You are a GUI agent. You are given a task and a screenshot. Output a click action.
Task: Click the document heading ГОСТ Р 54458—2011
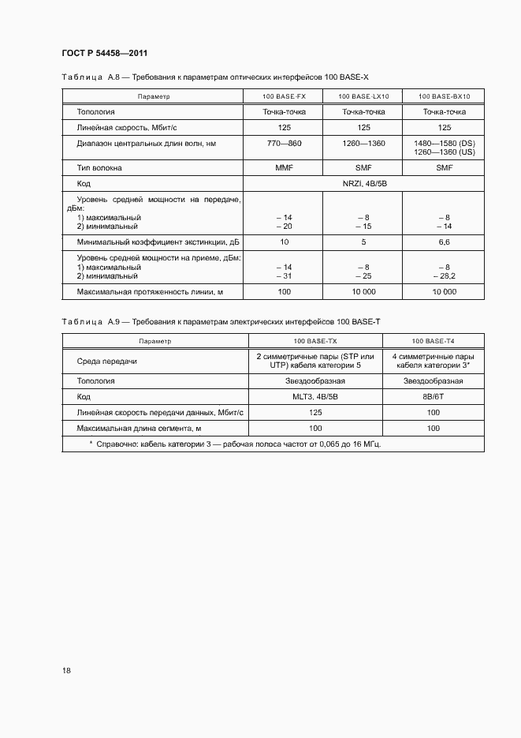(x=105, y=54)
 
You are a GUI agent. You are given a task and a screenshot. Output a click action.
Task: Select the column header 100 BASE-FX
(x=284, y=96)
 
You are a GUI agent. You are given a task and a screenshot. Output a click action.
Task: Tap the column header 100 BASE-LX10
(x=363, y=96)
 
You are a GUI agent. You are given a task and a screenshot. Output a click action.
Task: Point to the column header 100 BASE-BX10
(x=444, y=96)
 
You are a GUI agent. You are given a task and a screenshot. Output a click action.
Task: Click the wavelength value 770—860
(x=284, y=143)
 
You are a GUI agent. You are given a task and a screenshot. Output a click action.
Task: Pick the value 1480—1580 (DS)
(x=444, y=143)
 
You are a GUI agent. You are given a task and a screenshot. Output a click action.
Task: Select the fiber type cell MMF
(x=284, y=168)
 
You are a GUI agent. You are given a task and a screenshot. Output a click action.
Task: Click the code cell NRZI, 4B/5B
(x=363, y=183)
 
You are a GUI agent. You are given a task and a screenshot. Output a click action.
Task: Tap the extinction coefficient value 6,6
(x=444, y=242)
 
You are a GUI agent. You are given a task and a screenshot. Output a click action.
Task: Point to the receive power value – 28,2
(x=444, y=276)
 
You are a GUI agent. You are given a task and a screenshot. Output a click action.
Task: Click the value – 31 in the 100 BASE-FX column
(x=284, y=276)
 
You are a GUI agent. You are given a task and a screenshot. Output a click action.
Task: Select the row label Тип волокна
(x=99, y=168)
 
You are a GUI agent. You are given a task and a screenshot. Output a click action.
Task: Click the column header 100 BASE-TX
(x=315, y=341)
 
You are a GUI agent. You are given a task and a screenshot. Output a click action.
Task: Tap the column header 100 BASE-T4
(x=433, y=341)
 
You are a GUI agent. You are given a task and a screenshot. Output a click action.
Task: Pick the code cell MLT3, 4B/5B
(x=315, y=396)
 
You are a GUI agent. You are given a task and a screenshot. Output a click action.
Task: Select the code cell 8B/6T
(x=433, y=396)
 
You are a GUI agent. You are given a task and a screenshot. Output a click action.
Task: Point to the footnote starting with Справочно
(x=234, y=444)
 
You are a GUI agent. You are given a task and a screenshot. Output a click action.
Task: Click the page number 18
(x=66, y=670)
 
